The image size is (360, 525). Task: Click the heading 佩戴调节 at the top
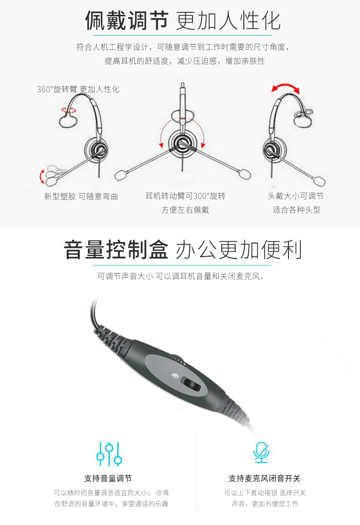pyautogui.click(x=126, y=20)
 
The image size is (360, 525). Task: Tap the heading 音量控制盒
pyautogui.click(x=116, y=249)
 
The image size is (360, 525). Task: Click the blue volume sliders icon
pyautogui.click(x=109, y=454)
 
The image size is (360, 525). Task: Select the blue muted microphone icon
pyautogui.click(x=261, y=452)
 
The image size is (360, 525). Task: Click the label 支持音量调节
pyautogui.click(x=108, y=478)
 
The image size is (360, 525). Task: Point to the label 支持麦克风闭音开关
pyautogui.click(x=264, y=478)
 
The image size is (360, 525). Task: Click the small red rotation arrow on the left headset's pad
pyautogui.click(x=68, y=110)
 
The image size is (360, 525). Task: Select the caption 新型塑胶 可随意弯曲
pyautogui.click(x=81, y=196)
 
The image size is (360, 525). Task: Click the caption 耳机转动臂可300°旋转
pyautogui.click(x=185, y=196)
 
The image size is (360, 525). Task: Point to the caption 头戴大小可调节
pyautogui.click(x=295, y=196)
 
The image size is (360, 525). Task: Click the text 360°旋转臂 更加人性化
pyautogui.click(x=78, y=89)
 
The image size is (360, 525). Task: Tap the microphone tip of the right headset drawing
pyautogui.click(x=319, y=181)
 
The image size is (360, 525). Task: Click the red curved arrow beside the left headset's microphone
pyautogui.click(x=42, y=176)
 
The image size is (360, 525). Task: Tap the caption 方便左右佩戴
pyautogui.click(x=185, y=210)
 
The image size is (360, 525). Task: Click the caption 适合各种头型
pyautogui.click(x=297, y=210)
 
